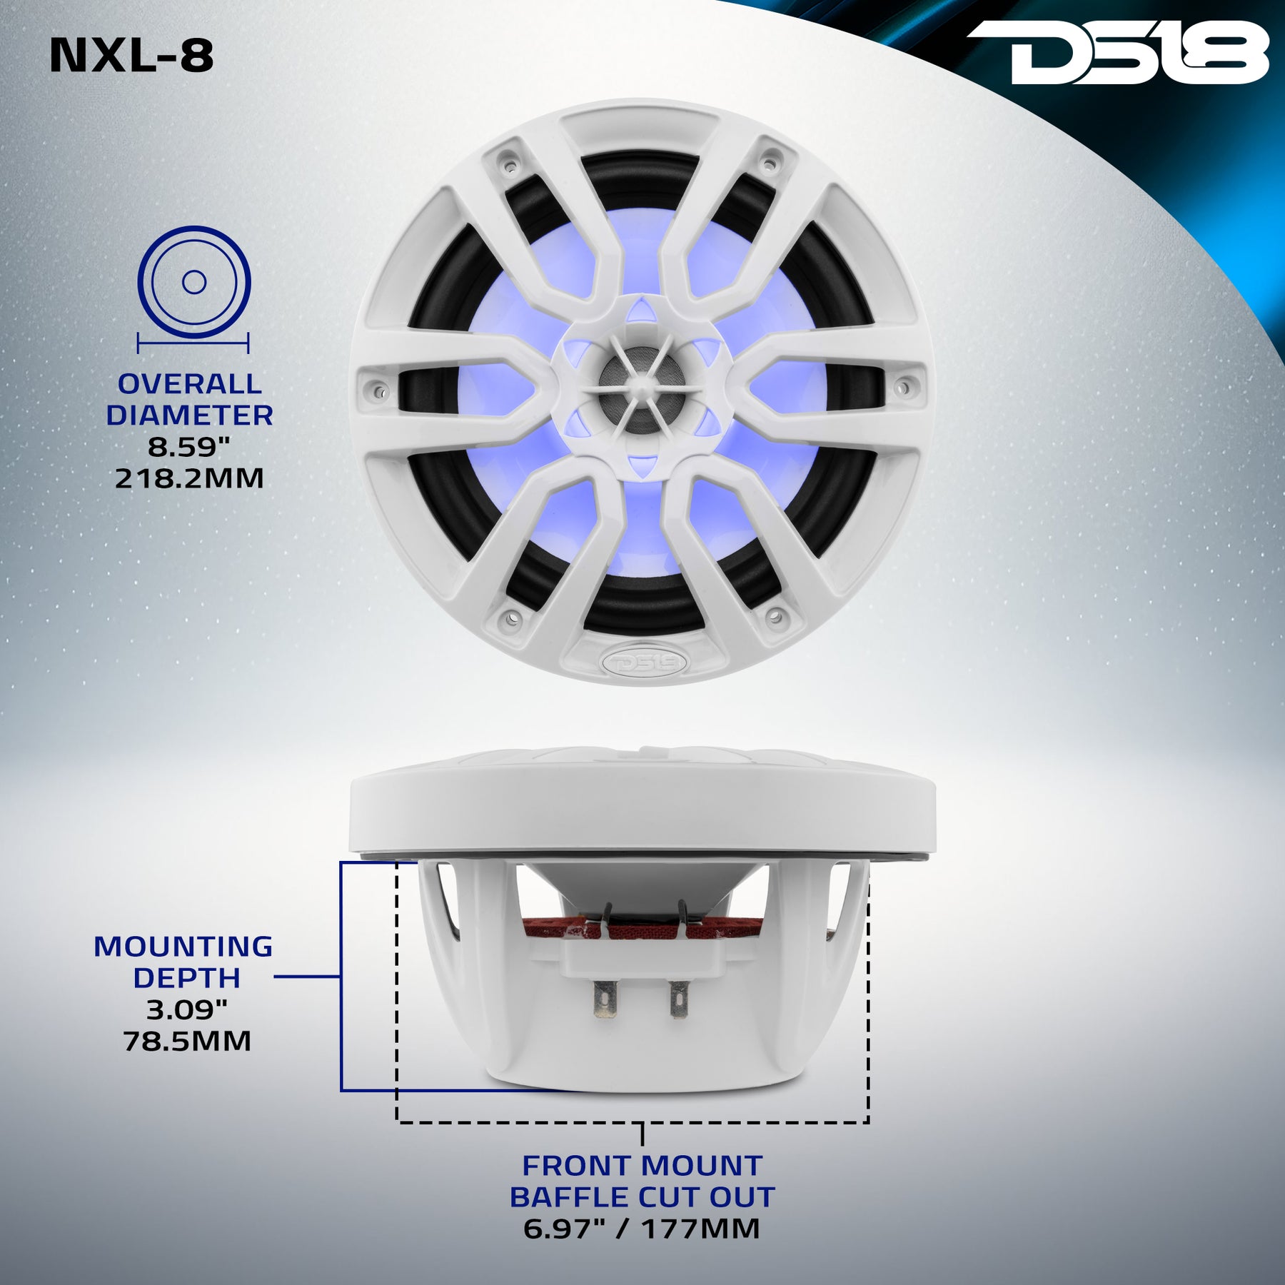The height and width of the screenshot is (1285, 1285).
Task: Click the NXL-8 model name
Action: coord(132,56)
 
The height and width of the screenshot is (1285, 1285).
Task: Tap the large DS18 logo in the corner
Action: coord(1118,52)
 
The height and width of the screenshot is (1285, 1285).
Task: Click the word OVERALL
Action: coord(190,384)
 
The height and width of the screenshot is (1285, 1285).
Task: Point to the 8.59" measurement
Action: coord(190,447)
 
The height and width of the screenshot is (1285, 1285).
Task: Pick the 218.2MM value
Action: coord(190,478)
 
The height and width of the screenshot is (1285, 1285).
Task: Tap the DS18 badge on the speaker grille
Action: coord(644,662)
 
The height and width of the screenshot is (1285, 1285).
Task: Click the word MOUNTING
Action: coord(183,947)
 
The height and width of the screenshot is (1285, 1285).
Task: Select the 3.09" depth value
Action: coord(187,1009)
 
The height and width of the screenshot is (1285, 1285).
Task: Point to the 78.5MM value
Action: coord(187,1041)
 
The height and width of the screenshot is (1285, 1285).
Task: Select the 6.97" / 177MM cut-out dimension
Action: coord(641,1229)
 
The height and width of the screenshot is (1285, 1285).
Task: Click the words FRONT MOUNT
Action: coord(642,1166)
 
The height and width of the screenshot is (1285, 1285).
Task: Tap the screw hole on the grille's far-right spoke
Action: coord(903,388)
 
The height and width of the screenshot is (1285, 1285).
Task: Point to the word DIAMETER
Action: coord(190,415)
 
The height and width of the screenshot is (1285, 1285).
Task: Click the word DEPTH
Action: coord(187,978)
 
